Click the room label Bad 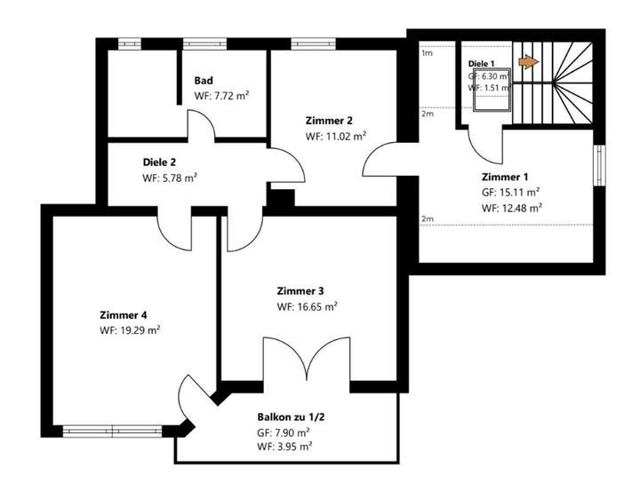(x=204, y=80)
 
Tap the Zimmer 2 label (x=329, y=121)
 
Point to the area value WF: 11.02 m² (x=336, y=137)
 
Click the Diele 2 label (x=161, y=162)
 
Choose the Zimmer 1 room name (x=505, y=176)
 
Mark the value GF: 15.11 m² (x=511, y=192)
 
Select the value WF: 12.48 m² (x=512, y=208)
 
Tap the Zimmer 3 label (x=300, y=291)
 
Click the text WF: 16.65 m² (x=308, y=307)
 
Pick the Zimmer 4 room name (x=124, y=314)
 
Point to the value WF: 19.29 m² (x=130, y=329)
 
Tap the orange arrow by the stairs (x=528, y=61)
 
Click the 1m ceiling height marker (x=427, y=53)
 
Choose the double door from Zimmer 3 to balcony (x=305, y=364)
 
